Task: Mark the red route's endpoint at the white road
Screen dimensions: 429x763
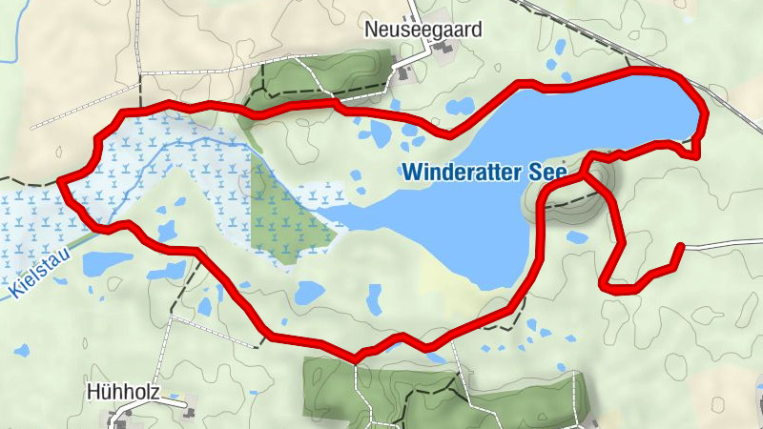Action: (x=680, y=247)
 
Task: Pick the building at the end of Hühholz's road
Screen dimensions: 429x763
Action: (x=188, y=413)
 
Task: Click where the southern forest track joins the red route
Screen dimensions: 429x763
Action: (x=357, y=357)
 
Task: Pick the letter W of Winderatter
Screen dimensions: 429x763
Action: (x=411, y=174)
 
